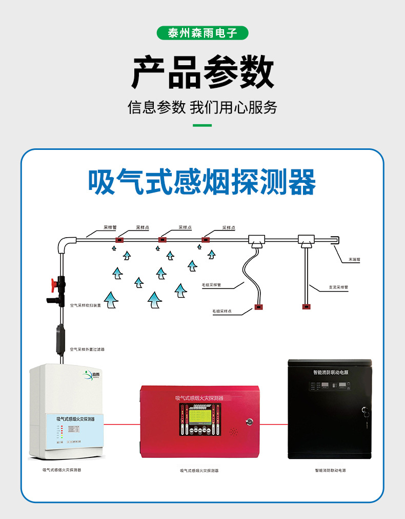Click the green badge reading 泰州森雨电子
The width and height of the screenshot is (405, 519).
pos(202,33)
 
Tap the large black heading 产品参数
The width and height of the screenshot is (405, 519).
pos(202,72)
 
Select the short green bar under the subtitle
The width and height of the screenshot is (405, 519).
pos(202,125)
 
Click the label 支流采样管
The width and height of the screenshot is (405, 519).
pos(338,287)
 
